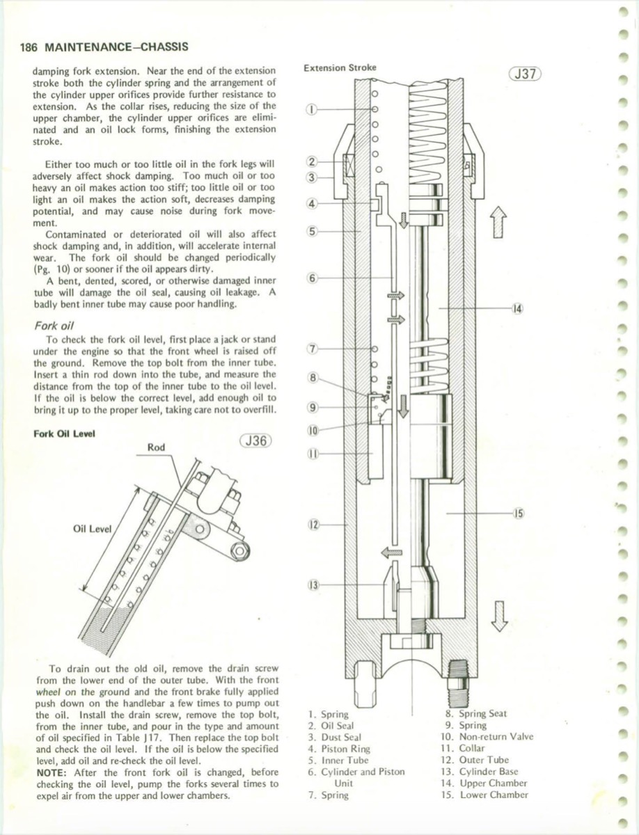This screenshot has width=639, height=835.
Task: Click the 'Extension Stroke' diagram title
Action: pyautogui.click(x=340, y=67)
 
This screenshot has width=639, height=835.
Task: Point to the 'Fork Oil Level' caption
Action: pyautogui.click(x=65, y=433)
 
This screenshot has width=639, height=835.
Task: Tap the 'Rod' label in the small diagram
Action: pyautogui.click(x=157, y=447)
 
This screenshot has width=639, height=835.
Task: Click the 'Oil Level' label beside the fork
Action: pyautogui.click(x=92, y=529)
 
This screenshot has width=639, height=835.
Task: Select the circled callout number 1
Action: pyautogui.click(x=312, y=109)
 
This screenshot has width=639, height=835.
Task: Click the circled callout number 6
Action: pyautogui.click(x=312, y=278)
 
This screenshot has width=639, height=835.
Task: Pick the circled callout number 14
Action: pyautogui.click(x=517, y=308)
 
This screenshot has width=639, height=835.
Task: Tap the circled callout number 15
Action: pyautogui.click(x=517, y=514)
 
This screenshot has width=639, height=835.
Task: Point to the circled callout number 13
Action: pyautogui.click(x=312, y=584)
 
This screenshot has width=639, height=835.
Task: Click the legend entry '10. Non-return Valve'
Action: pyautogui.click(x=489, y=737)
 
